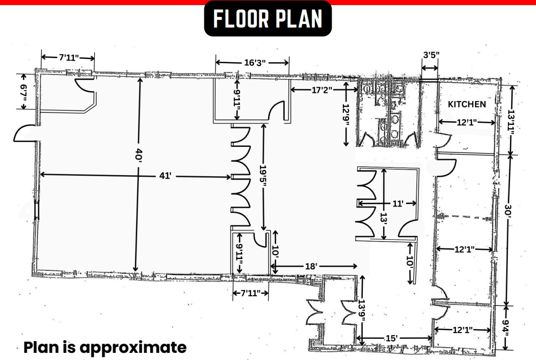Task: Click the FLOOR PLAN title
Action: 268,19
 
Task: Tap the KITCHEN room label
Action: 466,104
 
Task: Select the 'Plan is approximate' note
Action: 105,347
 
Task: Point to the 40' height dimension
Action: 137,155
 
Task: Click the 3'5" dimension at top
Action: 431,55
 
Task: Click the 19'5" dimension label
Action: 263,176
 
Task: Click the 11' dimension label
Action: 397,203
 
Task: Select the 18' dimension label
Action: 311,266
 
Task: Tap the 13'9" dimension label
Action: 362,310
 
